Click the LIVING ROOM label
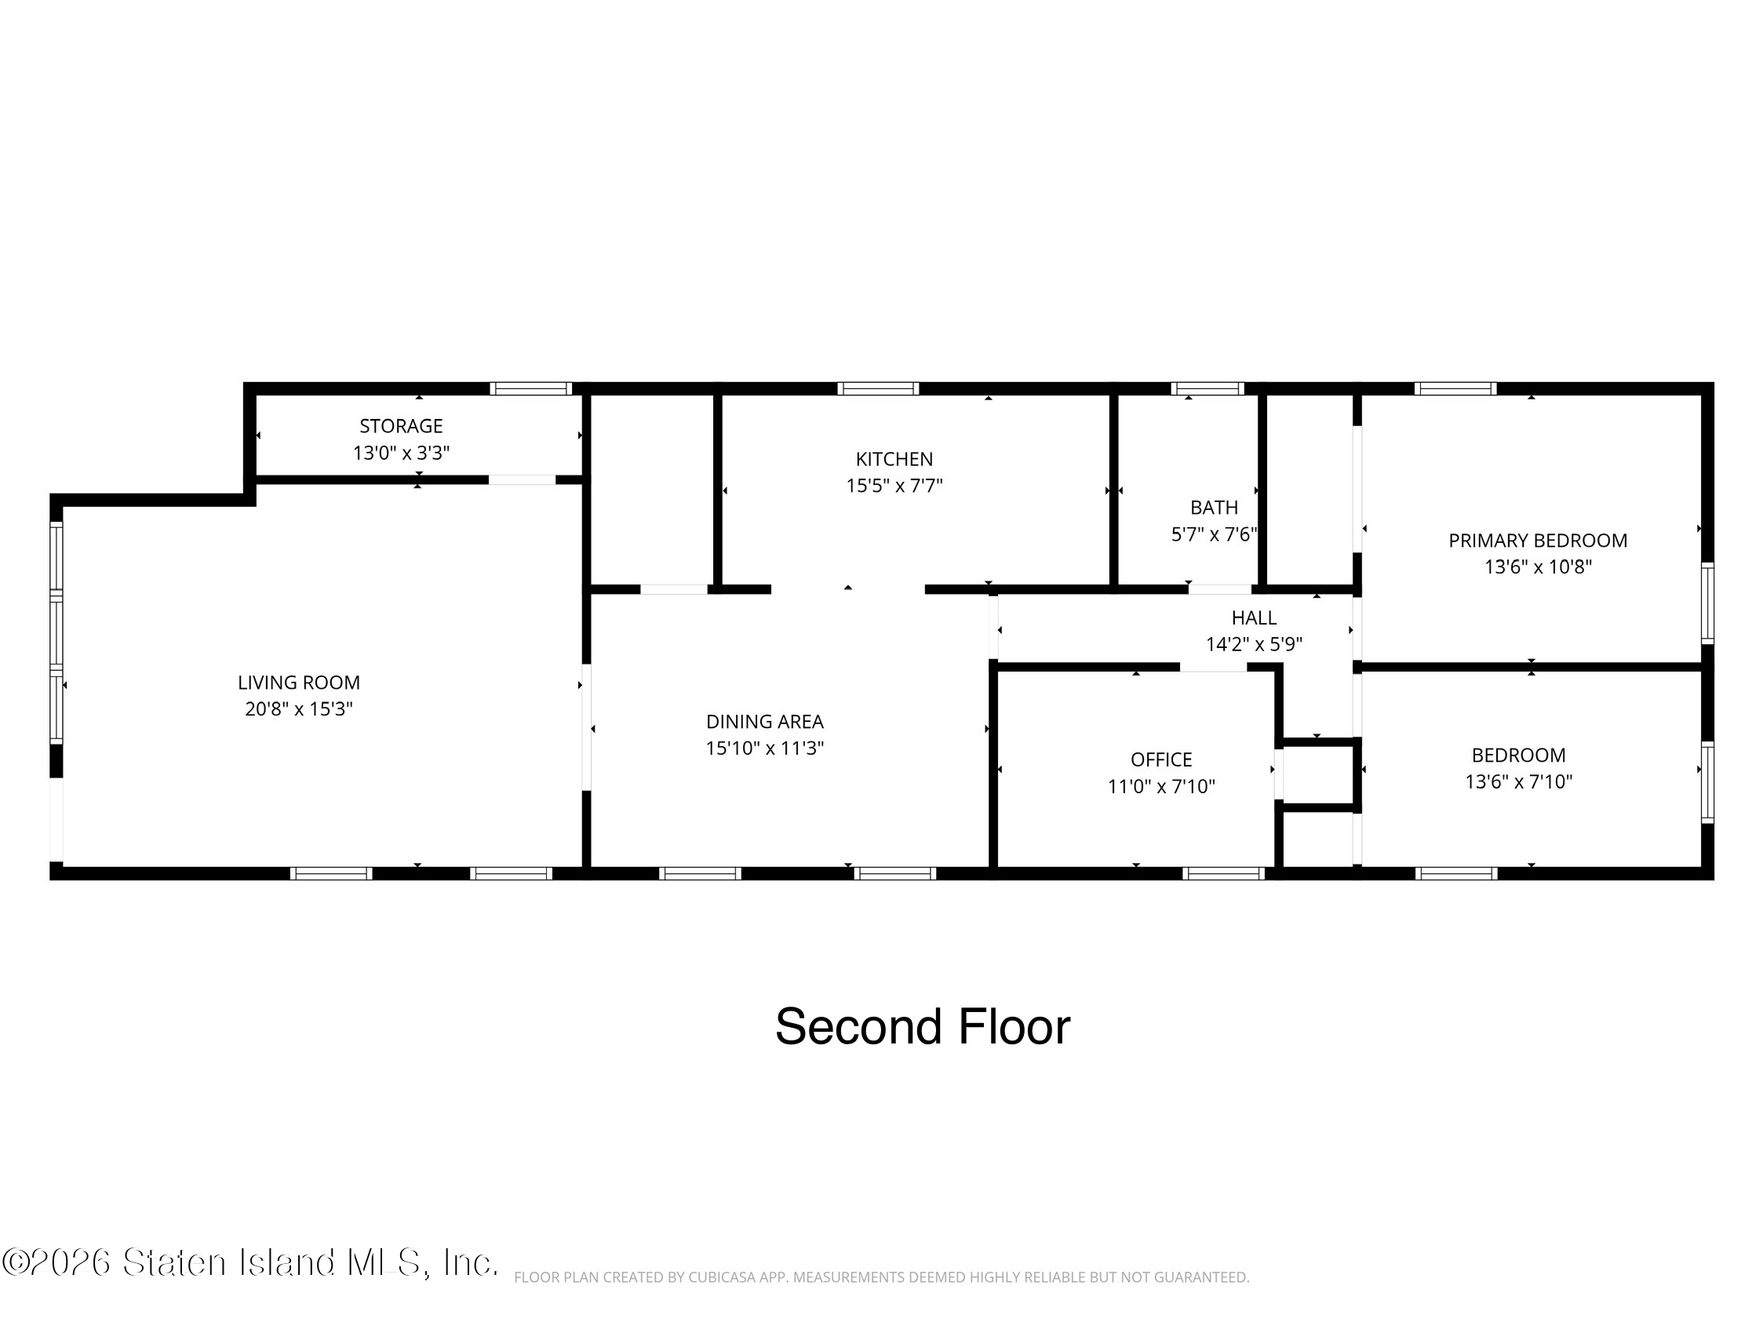point(299,682)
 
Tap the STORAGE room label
point(401,425)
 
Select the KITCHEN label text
point(894,459)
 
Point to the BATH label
point(1214,508)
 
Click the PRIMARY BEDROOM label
point(1538,541)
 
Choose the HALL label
point(1254,617)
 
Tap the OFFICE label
point(1161,759)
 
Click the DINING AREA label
point(764,721)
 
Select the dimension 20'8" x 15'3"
point(299,708)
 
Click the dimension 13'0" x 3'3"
point(401,453)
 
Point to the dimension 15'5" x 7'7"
point(894,486)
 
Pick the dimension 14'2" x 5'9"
point(1254,644)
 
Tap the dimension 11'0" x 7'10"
point(1161,786)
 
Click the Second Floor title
point(922,1026)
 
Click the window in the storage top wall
point(530,389)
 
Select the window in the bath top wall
point(1207,389)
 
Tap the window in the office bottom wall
point(1223,873)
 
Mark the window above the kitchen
point(877,389)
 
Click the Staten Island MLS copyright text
point(250,1262)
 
